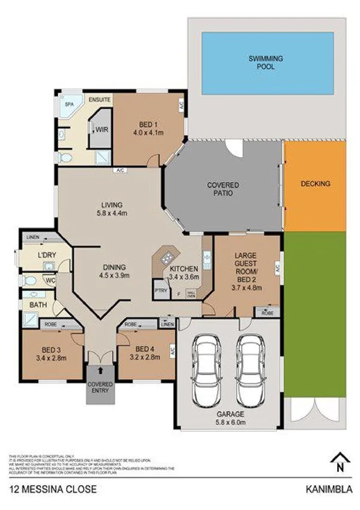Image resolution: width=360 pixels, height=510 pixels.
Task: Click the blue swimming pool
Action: [267, 63]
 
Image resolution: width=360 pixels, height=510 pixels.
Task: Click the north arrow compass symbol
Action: [340, 462]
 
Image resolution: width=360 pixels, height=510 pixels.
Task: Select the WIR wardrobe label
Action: [96, 128]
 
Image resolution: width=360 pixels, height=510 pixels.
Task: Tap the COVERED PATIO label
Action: [223, 189]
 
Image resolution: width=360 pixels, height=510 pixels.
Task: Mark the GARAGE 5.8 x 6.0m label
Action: [231, 419]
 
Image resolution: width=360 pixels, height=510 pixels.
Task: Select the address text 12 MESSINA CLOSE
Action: [52, 490]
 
